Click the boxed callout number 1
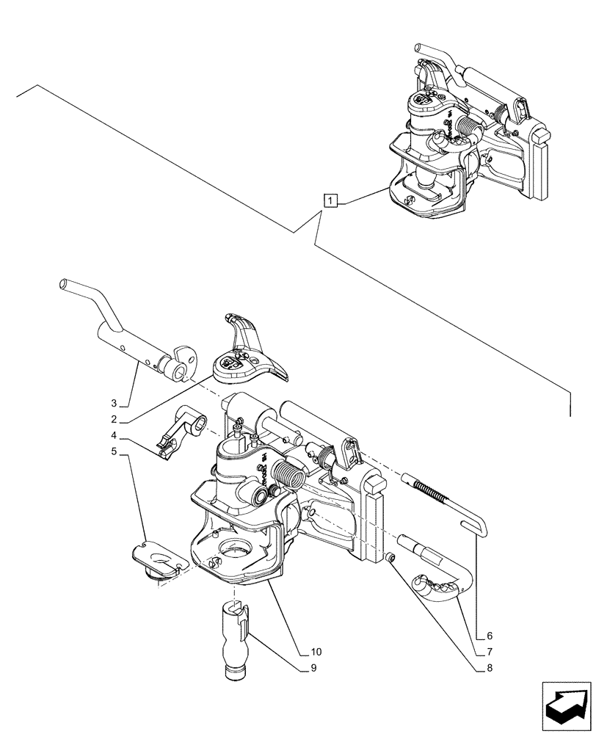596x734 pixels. pos(332,200)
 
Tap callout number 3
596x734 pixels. pos(114,403)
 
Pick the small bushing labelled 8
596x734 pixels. pos(392,559)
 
